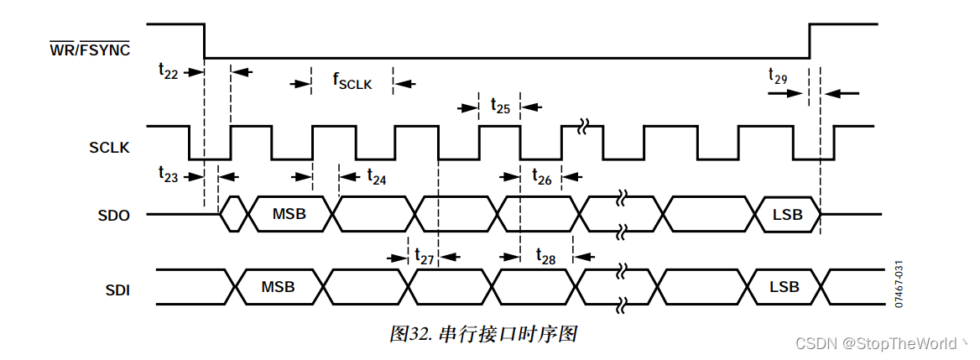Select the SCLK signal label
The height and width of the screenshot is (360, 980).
109,148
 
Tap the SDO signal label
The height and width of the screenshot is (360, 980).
113,215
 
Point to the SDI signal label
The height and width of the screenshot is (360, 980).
116,291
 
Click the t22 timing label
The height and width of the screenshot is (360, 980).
168,72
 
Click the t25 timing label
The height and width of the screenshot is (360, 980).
499,106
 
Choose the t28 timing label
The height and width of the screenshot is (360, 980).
545,257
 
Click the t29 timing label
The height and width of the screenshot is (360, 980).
778,76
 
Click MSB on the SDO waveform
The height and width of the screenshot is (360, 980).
289,215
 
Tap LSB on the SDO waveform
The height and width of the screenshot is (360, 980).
787,215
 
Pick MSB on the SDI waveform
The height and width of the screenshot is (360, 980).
278,287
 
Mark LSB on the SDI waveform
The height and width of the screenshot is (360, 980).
785,287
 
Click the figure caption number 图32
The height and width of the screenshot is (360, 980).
410,334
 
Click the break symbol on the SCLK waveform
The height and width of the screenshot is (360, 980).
581,128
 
